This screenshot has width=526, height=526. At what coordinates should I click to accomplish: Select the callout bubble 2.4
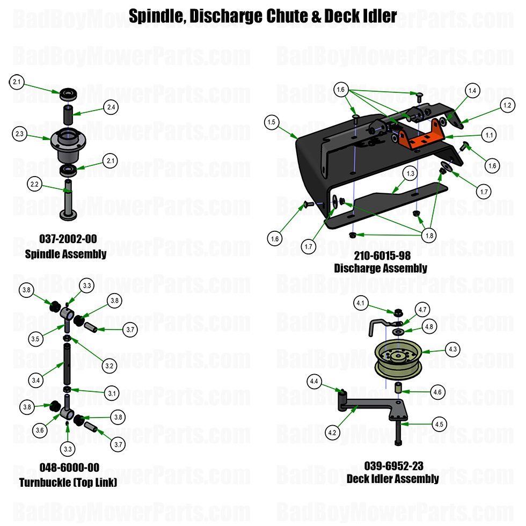pyautogui.click(x=111, y=108)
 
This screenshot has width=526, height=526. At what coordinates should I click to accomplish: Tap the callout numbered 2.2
pyautogui.click(x=35, y=184)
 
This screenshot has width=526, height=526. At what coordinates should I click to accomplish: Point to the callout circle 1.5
pyautogui.click(x=272, y=122)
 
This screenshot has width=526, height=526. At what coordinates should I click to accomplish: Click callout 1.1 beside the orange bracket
pyautogui.click(x=488, y=136)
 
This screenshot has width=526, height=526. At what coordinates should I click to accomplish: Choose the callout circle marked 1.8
pyautogui.click(x=429, y=235)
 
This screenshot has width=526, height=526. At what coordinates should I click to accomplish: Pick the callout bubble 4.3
pyautogui.click(x=453, y=349)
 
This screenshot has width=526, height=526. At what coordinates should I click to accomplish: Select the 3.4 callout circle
pyautogui.click(x=36, y=381)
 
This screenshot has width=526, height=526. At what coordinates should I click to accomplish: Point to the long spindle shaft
pyautogui.click(x=68, y=201)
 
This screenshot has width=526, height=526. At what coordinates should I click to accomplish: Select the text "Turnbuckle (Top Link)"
pyautogui.click(x=68, y=482)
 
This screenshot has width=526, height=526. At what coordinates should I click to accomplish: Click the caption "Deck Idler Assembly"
pyautogui.click(x=393, y=478)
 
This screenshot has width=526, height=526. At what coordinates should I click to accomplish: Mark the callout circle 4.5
pyautogui.click(x=439, y=425)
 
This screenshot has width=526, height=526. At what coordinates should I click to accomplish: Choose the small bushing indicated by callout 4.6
pyautogui.click(x=400, y=388)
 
